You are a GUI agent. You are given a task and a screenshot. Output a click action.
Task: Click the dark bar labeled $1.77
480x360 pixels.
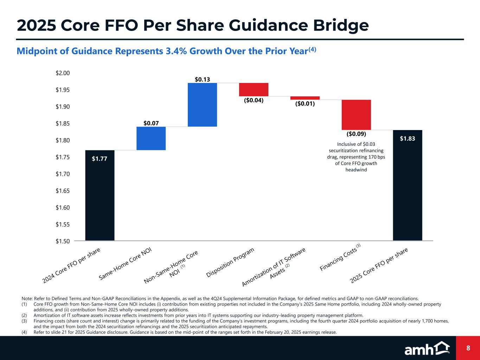pos(100,195)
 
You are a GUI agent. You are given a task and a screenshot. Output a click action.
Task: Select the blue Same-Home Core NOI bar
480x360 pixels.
pos(151,138)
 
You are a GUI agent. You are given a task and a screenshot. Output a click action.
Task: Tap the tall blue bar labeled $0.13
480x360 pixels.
pos(202,104)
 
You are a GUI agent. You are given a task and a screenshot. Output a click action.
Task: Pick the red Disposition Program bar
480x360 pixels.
pos(254,89)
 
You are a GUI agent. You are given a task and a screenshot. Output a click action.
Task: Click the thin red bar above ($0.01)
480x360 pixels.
pos(305,98)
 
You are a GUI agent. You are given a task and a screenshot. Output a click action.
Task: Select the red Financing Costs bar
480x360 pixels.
pos(356,115)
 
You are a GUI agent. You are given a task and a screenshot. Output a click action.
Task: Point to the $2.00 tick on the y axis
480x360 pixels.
pos(63,73)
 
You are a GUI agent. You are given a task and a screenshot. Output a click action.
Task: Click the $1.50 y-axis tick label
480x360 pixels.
pos(63,241)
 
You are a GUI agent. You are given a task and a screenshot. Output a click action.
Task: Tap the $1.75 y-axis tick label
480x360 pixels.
pos(63,157)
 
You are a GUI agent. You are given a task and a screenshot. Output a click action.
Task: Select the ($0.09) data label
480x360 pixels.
pos(356,134)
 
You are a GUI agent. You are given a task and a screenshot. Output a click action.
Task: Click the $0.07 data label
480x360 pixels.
pos(151,123)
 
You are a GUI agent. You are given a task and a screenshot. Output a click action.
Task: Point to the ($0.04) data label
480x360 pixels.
pos(254,100)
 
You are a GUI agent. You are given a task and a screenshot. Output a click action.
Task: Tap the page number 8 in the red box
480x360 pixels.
pos(468,348)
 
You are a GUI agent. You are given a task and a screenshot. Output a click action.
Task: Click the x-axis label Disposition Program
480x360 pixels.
pos(230,263)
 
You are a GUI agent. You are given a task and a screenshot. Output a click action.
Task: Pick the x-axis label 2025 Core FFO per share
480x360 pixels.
pos(379,265)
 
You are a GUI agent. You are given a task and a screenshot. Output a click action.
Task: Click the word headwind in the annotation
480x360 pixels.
pos(356,170)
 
